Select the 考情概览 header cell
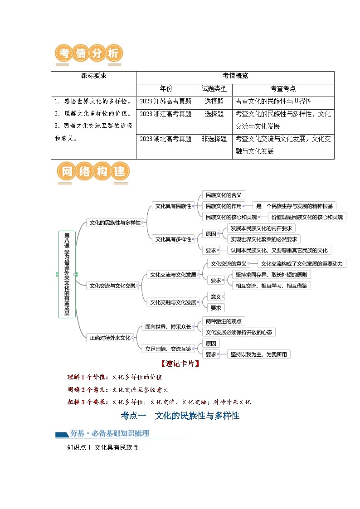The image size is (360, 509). click(x=235, y=76)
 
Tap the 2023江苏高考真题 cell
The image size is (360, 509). click(x=166, y=102)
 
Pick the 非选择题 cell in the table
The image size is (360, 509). click(x=214, y=139)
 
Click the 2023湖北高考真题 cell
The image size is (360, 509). click(x=166, y=139)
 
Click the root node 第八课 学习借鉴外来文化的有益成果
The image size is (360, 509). click(x=67, y=274)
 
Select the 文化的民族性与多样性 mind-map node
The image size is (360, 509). click(x=115, y=223)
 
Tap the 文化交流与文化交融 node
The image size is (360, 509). click(x=112, y=286)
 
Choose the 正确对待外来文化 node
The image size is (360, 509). click(x=110, y=337)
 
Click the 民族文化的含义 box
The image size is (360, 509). click(x=224, y=195)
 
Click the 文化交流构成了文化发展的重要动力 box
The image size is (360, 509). click(x=302, y=263)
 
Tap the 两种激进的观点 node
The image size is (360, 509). click(x=224, y=321)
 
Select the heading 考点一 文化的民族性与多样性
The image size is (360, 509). click(x=180, y=415)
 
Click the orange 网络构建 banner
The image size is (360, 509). click(x=93, y=172)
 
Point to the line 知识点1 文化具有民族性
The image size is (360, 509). click(x=102, y=448)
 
